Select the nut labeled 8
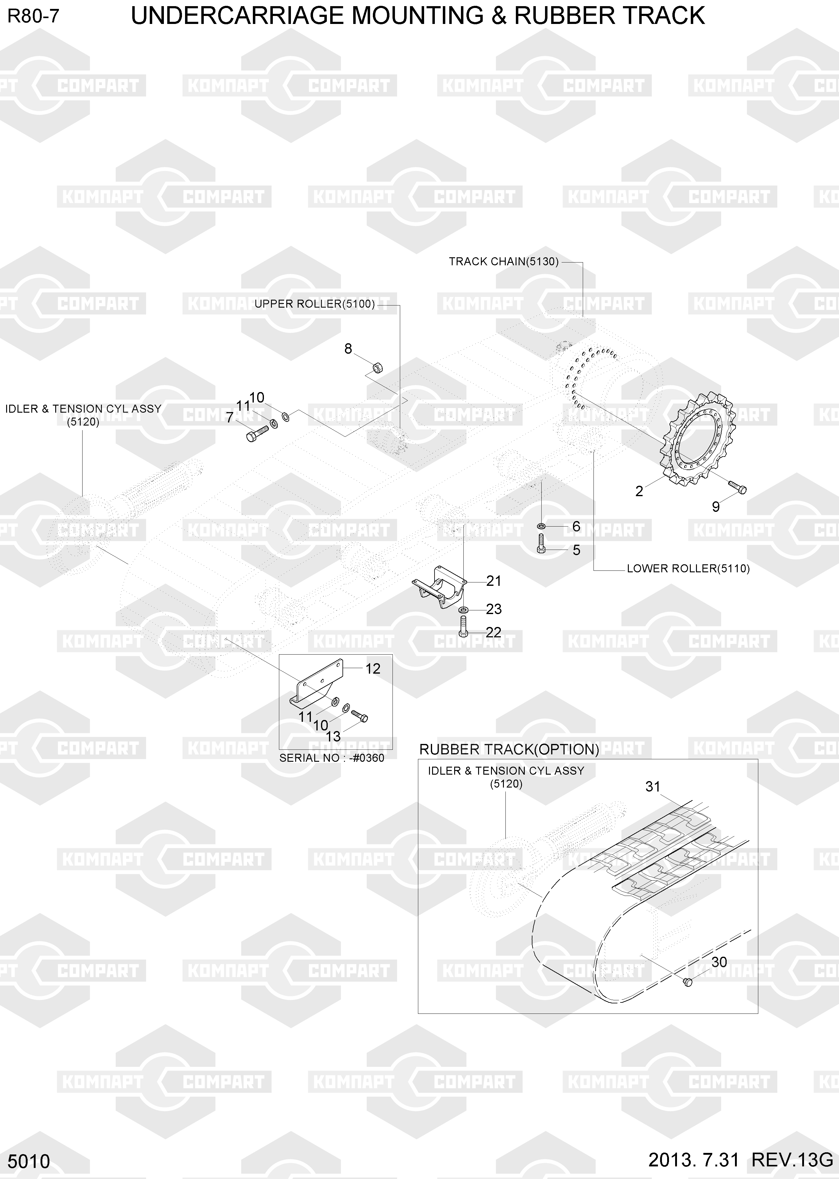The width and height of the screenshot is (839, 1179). coord(377,368)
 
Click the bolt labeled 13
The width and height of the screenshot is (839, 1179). coord(359,716)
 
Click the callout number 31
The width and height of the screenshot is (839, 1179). coord(653,786)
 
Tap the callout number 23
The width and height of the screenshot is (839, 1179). coord(494,609)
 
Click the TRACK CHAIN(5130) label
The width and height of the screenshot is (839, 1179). coord(504,262)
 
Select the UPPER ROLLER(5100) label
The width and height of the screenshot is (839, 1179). coord(315,304)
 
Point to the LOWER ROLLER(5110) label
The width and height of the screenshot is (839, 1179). coord(688,569)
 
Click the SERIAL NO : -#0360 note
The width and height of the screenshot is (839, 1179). coord(332,758)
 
